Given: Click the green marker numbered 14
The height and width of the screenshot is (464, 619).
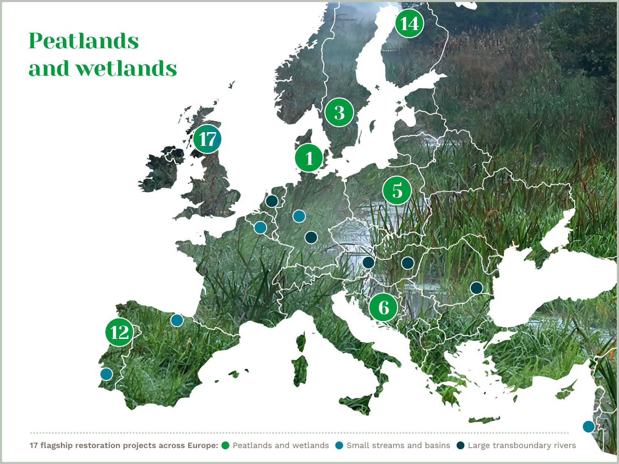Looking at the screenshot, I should [x=409, y=23].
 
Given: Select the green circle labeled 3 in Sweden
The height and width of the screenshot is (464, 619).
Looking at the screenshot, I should [x=339, y=112].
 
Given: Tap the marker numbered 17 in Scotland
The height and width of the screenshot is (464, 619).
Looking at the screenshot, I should [x=207, y=139].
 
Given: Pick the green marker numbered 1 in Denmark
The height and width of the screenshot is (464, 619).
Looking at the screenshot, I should [x=309, y=158].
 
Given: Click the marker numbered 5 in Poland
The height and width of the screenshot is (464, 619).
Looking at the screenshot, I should [x=397, y=190].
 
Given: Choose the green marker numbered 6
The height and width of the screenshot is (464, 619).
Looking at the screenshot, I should [x=384, y=307].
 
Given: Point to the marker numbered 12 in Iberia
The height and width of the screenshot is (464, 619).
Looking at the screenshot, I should [x=119, y=332].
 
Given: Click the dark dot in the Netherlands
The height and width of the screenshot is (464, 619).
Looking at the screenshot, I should [x=272, y=201].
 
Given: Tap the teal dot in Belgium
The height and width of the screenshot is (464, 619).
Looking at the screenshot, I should [x=260, y=227].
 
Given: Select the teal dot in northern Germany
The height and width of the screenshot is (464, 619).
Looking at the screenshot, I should [x=299, y=216].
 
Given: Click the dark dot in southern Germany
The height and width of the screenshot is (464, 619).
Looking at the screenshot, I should [x=311, y=237].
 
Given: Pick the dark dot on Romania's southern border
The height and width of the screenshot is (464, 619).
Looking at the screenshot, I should [x=476, y=288].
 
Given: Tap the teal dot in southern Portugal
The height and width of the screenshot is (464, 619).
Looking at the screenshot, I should [x=107, y=374].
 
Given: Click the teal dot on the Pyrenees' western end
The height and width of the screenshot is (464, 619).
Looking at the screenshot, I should [x=177, y=320].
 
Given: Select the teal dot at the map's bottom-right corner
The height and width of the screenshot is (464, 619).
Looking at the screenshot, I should [x=589, y=427].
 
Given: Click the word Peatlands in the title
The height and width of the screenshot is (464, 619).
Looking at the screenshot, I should [x=84, y=41].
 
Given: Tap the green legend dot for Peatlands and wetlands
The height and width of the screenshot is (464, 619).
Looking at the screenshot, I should [x=225, y=445].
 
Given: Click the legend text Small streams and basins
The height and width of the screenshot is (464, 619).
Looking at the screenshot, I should [x=398, y=445].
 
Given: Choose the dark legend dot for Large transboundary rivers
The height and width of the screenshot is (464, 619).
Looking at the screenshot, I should [x=460, y=445].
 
